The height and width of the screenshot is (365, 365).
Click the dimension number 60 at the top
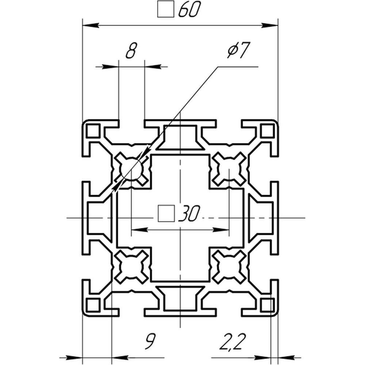[189, 9]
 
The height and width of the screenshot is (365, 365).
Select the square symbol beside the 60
[166, 9]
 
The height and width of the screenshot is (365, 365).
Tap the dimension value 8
[131, 50]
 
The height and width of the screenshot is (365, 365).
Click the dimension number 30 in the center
[189, 213]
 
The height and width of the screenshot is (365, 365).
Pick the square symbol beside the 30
[166, 213]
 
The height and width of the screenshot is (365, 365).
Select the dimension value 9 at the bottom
[150, 341]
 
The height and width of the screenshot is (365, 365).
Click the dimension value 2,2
[233, 342]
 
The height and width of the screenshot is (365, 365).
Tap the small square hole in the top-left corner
[93, 131]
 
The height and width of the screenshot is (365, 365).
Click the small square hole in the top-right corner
[268, 131]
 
